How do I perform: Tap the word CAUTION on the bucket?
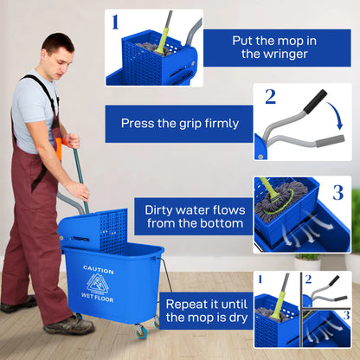tap(98, 270)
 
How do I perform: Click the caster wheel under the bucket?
tap(140, 331)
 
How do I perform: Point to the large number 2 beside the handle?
tap(270, 96)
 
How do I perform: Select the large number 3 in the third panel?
tap(337, 192)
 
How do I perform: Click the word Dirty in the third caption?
tap(162, 209)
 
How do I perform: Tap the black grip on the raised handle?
tap(314, 100)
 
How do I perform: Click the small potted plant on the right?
tap(307, 260)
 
